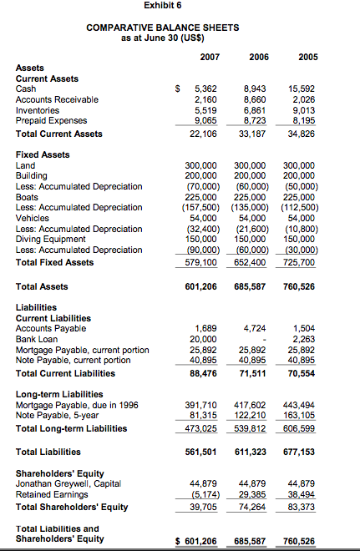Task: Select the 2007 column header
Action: click(210, 58)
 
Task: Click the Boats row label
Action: click(28, 197)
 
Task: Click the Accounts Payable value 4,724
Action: click(256, 328)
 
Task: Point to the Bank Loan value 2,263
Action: click(304, 339)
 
